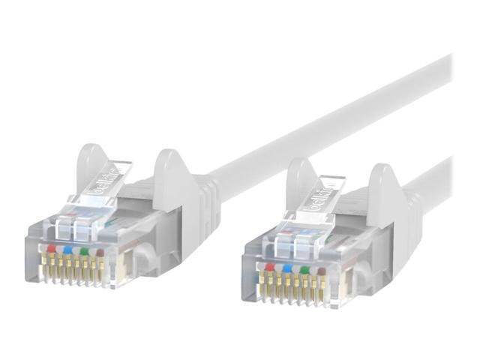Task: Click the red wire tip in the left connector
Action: [51, 248]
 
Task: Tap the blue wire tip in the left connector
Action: [68, 250]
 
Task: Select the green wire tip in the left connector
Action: [85, 252]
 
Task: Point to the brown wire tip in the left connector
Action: [100, 253]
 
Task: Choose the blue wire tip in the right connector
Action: [287, 268]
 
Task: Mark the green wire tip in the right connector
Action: [304, 269]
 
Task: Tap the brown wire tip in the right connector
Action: [321, 271]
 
